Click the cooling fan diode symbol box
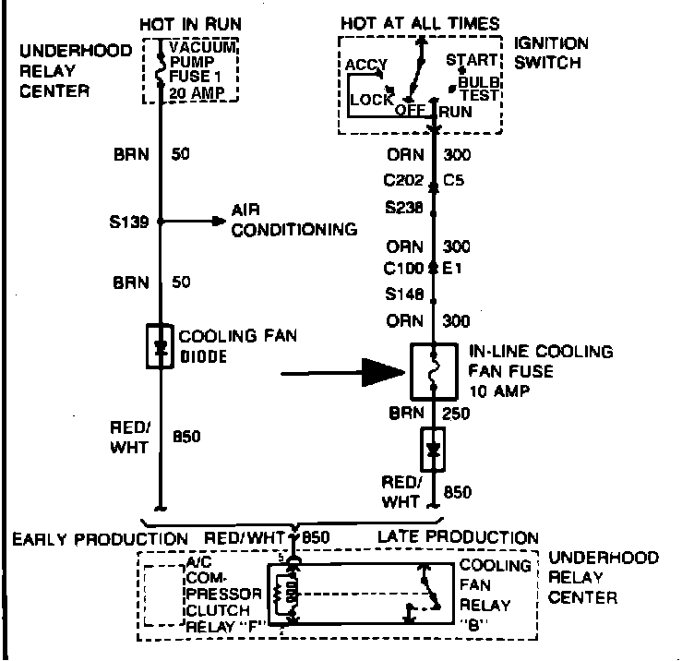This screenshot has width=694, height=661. click(x=161, y=346)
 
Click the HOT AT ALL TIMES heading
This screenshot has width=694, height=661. click(x=420, y=23)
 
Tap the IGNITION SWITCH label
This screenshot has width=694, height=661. click(x=550, y=53)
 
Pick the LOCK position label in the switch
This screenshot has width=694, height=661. click(x=370, y=99)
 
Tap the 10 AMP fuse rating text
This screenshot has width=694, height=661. click(x=498, y=392)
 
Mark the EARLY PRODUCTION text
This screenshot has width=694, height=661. click(x=100, y=538)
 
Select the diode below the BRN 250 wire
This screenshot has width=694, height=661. click(x=432, y=451)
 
